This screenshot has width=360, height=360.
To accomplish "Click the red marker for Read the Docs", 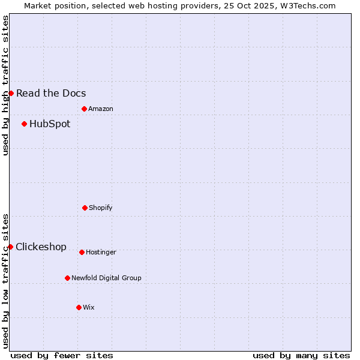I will tap(11, 93).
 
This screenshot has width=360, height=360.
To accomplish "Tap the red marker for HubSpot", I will tap(24, 124).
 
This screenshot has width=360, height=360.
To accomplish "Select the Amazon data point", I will tap(84, 109).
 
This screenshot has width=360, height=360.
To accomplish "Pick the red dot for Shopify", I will tap(85, 208).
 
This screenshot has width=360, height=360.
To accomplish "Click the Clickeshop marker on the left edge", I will tap(10, 247).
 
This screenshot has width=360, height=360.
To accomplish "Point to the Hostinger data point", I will tap(82, 252).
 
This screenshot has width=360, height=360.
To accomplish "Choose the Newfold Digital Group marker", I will tap(67, 278).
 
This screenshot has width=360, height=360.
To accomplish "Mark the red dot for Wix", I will tap(79, 307).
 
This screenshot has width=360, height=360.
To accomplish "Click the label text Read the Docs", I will tap(51, 93).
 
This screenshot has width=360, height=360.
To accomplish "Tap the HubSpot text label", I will tap(50, 124).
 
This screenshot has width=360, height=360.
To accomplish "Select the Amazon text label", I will tap(101, 109).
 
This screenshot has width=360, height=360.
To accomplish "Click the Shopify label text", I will tap(101, 208).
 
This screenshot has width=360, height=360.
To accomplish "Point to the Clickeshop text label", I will tap(41, 247).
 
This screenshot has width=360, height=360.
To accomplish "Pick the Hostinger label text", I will tap(101, 252).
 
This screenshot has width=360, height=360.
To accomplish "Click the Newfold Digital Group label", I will tap(106, 278).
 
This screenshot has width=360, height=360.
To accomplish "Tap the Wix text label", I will tap(89, 307).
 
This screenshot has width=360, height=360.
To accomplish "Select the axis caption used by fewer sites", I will tap(62, 355).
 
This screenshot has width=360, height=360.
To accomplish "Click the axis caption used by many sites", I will tap(301, 355).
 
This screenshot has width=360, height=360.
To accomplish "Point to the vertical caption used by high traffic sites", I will tap(5, 85).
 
